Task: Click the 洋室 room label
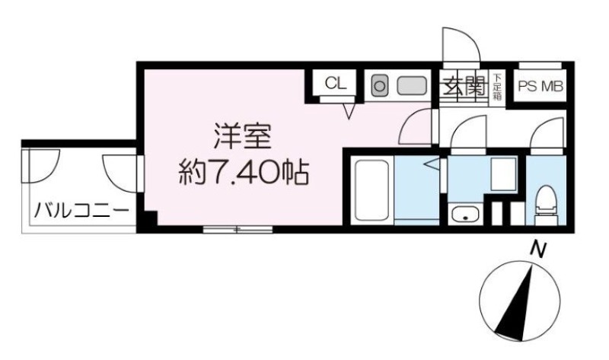[242, 136]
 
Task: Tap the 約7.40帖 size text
[244, 173]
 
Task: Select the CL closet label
[336, 84]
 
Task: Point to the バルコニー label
[81, 212]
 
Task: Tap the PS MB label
[540, 86]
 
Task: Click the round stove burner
[379, 86]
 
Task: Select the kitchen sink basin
[412, 86]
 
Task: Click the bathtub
[371, 190]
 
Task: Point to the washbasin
[464, 215]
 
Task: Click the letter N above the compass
[539, 250]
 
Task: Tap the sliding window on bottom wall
[238, 230]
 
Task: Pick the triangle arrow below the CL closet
[349, 111]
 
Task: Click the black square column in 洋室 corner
[149, 219]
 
